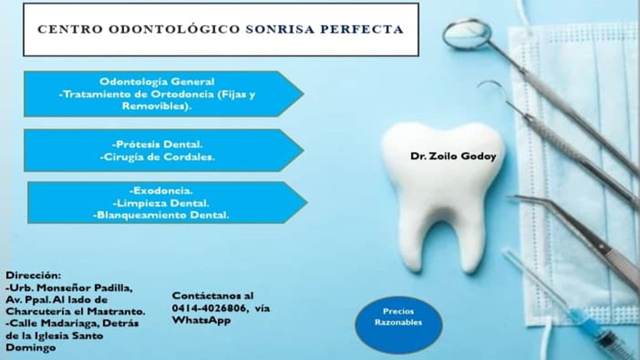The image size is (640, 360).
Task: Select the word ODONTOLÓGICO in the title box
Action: (x=174, y=29)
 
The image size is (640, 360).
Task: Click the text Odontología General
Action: (x=157, y=81)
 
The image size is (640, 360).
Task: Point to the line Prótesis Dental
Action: (x=157, y=144)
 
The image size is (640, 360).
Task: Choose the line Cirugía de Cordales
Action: (x=157, y=157)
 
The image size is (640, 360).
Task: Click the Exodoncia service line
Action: (x=161, y=190)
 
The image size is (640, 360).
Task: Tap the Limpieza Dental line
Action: (x=161, y=203)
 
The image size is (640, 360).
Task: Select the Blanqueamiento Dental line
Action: (x=161, y=215)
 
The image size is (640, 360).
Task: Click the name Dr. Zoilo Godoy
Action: (x=453, y=156)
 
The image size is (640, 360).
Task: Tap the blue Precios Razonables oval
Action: (x=398, y=325)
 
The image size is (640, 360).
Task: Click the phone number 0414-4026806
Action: (x=209, y=308)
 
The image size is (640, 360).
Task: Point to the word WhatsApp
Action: (x=201, y=320)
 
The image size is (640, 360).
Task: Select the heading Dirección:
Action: (x=33, y=275)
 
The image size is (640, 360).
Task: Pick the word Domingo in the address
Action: (x=30, y=348)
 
